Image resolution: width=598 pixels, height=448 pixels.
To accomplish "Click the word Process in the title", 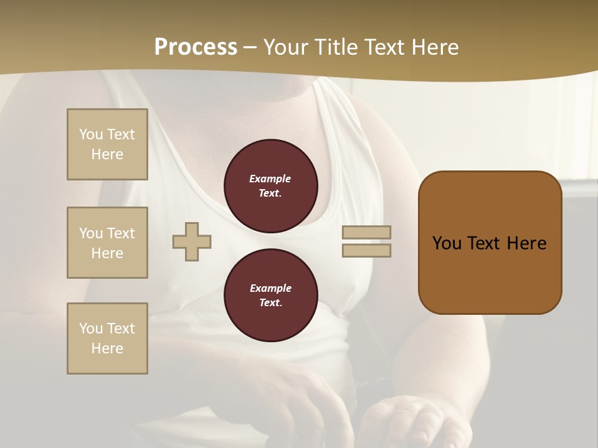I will pos(196,47).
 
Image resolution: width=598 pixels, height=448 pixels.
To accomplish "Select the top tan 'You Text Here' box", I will pos(107,144).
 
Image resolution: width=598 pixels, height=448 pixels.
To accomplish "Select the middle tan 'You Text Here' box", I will pos(107,243).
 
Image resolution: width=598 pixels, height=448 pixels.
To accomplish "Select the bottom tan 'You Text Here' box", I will pos(107,338).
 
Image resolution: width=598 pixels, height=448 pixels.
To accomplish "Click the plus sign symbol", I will pos(192,241).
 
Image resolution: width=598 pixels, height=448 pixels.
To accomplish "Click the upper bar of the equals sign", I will pos(366,232).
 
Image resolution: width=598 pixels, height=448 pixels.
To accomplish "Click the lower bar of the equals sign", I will pos(366,250).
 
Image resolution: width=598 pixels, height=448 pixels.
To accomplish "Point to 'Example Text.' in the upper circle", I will pos(270,185).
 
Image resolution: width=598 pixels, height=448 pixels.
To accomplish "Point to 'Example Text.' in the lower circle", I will pos(270,295).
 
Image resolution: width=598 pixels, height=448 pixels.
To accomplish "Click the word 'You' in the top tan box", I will pos(91,134).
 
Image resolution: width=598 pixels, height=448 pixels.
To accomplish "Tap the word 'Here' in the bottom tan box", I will pos(107,348).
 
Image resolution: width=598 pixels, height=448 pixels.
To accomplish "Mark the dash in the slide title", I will pos(250,47).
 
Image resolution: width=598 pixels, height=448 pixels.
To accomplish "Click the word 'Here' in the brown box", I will pos(526,243).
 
